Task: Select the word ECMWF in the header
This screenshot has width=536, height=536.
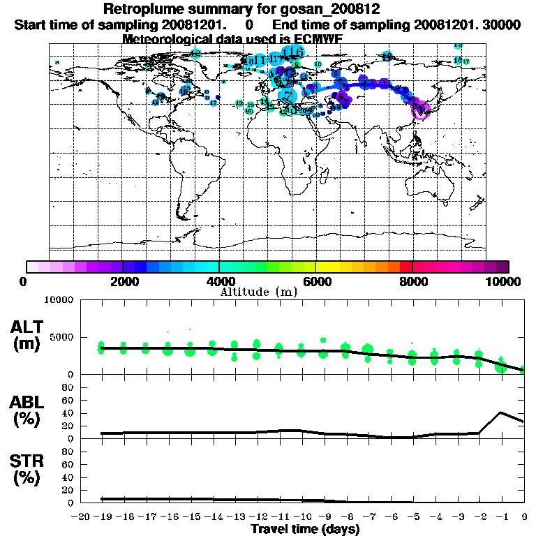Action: tap(318, 39)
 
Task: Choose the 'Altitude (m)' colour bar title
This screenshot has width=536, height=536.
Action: tap(258, 292)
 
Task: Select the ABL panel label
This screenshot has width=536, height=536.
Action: tap(30, 410)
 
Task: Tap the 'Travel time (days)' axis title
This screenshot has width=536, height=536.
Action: tap(305, 529)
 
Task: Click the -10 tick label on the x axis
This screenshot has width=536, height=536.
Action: tap(301, 518)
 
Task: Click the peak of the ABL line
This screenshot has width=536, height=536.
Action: tap(501, 412)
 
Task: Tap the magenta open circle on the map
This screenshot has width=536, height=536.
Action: tap(420, 110)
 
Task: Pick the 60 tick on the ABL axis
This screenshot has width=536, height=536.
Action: tap(68, 400)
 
